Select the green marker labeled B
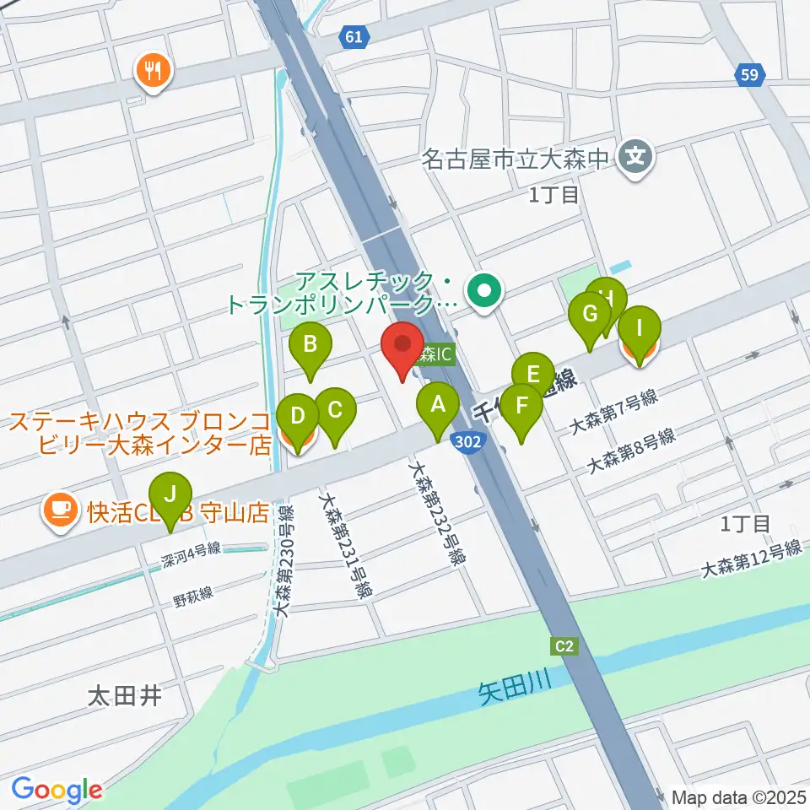pyautogui.click(x=310, y=344)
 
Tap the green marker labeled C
pyautogui.click(x=335, y=411)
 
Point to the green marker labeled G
pyautogui.click(x=590, y=315)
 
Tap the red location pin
pyautogui.click(x=402, y=345)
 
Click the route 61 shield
pyautogui.click(x=355, y=36)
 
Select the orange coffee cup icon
pyautogui.click(x=60, y=510)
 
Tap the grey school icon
pyautogui.click(x=634, y=156)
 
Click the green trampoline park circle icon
pyautogui.click(x=484, y=293)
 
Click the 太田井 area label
pyautogui.click(x=124, y=696)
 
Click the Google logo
pyautogui.click(x=57, y=789)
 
